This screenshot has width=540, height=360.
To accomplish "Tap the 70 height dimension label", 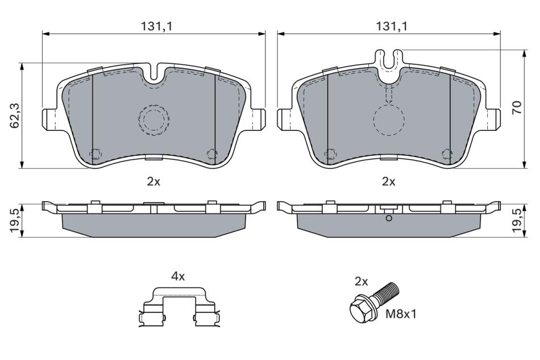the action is (517, 108).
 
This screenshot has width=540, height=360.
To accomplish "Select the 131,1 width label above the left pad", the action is (156, 26).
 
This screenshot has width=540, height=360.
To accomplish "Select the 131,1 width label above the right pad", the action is (391, 26).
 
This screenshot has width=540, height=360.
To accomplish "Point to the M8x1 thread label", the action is (401, 314).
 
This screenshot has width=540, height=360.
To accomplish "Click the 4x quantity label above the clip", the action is (178, 276).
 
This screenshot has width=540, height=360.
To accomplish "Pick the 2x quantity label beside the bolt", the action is (362, 282).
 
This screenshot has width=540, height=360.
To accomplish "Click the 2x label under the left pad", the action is (153, 181).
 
